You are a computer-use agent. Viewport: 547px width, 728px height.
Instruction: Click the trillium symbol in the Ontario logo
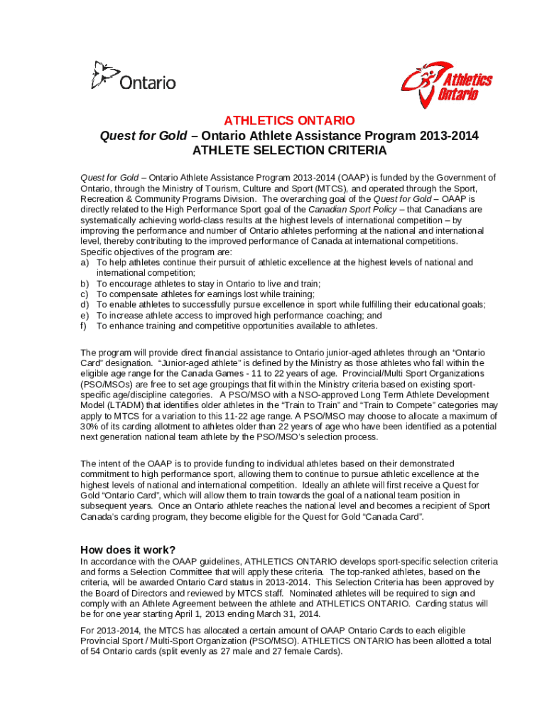coord(104,74)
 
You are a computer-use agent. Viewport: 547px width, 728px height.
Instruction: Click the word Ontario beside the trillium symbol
coord(148,83)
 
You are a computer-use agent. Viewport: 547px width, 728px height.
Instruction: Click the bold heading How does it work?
coord(128,550)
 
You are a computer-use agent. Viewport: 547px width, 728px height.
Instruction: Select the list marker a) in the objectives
coord(85,263)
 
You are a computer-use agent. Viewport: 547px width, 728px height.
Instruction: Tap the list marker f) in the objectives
coord(85,326)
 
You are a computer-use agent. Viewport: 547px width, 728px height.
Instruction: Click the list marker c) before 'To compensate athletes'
coord(85,294)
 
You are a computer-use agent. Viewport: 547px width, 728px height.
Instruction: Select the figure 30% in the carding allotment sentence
coord(90,426)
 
